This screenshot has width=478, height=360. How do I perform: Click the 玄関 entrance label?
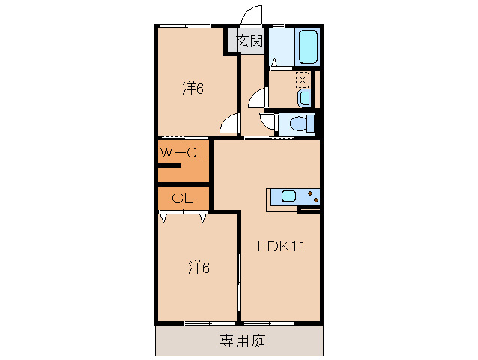coord(250,41)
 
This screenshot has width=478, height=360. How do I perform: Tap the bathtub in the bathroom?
coord(308,47)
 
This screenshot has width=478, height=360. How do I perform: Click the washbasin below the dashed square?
coord(303,98)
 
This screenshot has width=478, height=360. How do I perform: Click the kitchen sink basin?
coord(288,196)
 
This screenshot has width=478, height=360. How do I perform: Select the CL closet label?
coord(182,198)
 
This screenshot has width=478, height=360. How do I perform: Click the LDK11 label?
coord(280,245)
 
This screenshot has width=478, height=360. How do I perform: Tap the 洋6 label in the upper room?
coord(193,88)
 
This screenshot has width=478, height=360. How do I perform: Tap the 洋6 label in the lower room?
coord(198,266)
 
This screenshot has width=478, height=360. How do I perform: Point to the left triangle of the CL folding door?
coord(164,220)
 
